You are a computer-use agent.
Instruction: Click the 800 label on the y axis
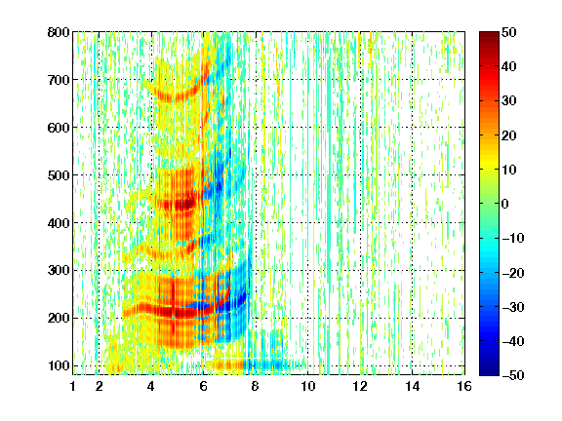click(x=59, y=32)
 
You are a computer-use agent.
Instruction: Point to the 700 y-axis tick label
click(x=59, y=80)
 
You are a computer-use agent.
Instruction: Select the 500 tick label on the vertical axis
click(x=59, y=175)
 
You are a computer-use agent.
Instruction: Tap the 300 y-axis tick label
click(x=59, y=271)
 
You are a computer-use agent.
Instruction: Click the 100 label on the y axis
click(x=59, y=365)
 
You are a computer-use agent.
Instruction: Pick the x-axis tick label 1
click(x=73, y=387)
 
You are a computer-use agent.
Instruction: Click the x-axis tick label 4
click(x=151, y=387)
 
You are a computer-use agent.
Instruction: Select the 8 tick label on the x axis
click(x=255, y=387)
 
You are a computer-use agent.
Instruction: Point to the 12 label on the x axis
click(x=360, y=387)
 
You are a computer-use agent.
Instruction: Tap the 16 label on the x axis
click(x=464, y=387)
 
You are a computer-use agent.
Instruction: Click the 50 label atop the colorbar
click(x=508, y=32)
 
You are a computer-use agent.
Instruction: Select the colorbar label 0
click(x=505, y=204)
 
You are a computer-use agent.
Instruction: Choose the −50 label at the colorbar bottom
click(x=513, y=375)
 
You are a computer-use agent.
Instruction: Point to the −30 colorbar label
click(x=513, y=307)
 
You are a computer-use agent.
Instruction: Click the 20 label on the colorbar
click(x=508, y=135)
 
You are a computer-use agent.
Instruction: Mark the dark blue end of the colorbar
click(x=489, y=372)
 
